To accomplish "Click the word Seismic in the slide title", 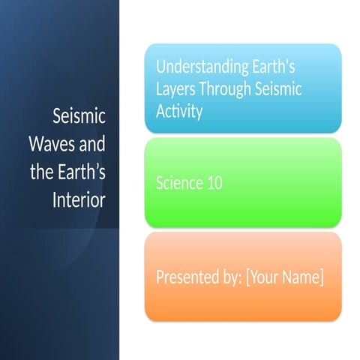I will (79, 118).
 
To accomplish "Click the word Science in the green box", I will (178, 183).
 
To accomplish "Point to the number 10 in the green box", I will (214, 183).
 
